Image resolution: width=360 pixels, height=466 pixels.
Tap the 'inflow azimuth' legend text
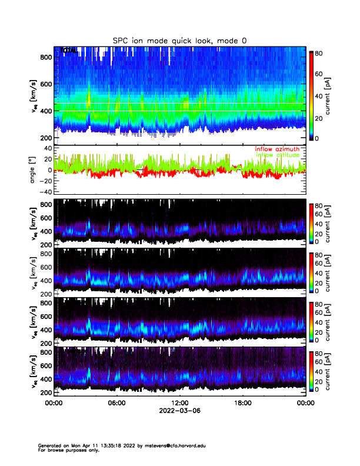[277, 149]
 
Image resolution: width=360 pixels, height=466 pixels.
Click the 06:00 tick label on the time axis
[116, 403]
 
